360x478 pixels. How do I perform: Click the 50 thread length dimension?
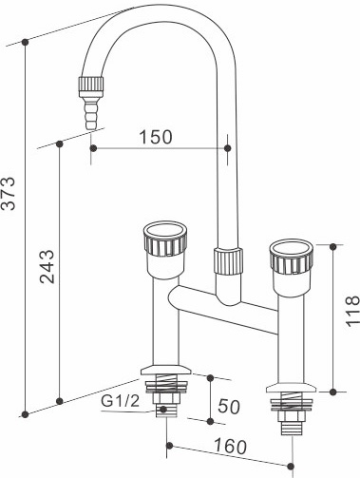228,406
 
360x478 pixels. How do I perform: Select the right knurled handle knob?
291,259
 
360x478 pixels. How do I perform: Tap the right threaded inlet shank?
291,411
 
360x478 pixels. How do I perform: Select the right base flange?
291,387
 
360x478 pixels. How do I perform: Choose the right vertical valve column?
292,333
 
